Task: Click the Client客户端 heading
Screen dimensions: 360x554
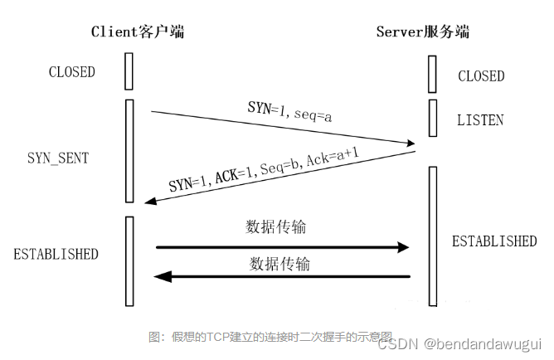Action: (137, 32)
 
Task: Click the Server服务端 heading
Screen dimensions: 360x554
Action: (424, 32)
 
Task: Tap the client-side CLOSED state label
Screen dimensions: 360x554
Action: (72, 72)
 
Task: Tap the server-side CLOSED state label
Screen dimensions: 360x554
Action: (481, 76)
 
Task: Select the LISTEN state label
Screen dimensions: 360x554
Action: (480, 120)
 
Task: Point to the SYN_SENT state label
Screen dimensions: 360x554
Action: (57, 158)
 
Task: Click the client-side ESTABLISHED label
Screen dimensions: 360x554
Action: (56, 254)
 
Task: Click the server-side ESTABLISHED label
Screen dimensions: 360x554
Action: (494, 241)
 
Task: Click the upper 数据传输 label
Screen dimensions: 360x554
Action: (281, 226)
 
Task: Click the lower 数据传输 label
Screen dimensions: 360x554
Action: (280, 264)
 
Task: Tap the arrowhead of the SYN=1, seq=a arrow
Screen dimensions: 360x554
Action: (411, 144)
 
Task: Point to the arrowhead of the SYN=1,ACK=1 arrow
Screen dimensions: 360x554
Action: (149, 202)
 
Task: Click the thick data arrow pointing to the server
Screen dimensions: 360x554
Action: (282, 247)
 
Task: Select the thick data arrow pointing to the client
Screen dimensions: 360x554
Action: (282, 276)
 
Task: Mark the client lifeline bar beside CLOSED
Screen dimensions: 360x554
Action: (129, 71)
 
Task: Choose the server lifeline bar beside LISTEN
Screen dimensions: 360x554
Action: (432, 118)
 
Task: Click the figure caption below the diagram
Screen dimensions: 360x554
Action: (270, 336)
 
